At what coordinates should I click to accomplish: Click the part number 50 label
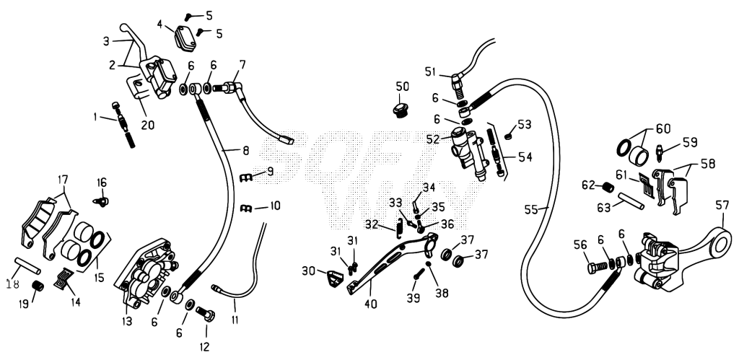click(402, 87)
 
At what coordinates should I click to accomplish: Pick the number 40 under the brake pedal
click(370, 304)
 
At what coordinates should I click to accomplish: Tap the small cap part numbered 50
click(401, 111)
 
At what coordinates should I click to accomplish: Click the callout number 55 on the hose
click(532, 210)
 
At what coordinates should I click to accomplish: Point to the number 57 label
click(722, 205)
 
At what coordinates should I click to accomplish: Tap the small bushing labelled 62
click(608, 187)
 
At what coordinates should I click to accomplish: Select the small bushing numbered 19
click(38, 286)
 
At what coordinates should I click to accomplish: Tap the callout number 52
click(433, 139)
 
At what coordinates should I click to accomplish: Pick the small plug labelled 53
click(508, 136)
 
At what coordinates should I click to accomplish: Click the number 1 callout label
click(96, 116)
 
